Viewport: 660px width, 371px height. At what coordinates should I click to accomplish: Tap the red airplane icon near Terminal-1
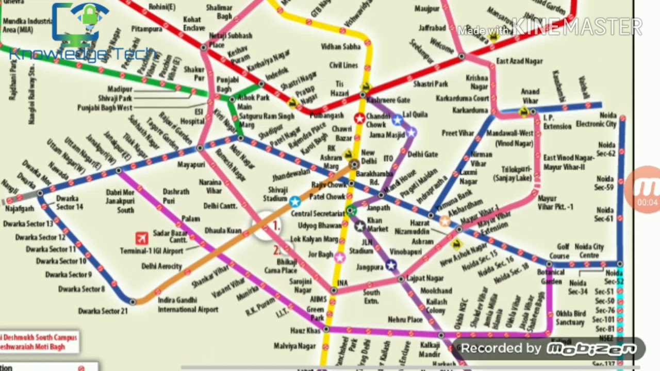tap(142, 238)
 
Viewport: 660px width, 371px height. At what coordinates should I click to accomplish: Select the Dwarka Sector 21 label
tap(103, 311)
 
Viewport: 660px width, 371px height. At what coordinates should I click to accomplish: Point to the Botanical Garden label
tap(551, 276)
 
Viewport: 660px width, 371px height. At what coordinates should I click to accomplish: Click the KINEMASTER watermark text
tap(577, 27)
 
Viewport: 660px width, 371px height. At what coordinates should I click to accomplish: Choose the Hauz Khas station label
tap(305, 330)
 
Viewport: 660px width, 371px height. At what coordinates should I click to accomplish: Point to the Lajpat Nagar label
tap(425, 278)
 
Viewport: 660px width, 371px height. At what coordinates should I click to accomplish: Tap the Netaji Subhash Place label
tap(230, 40)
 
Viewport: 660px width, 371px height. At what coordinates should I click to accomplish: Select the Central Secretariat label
tap(317, 213)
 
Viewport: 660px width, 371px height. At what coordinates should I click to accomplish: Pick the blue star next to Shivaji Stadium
tap(294, 201)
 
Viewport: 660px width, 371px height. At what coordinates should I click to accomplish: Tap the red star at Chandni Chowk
tap(359, 119)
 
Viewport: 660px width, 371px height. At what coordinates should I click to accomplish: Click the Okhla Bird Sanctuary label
tap(570, 317)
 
